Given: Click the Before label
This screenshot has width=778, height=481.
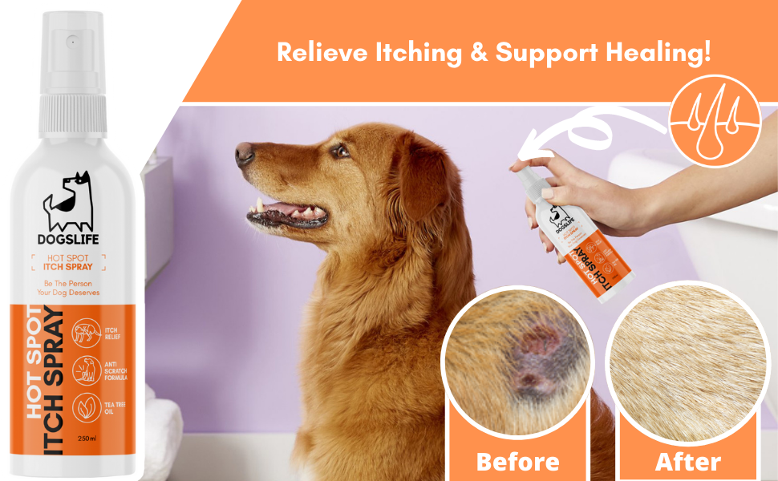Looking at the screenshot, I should (517, 462).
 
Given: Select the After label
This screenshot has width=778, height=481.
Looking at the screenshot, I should (687, 462).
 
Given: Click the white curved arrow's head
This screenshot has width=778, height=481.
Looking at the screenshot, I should (526, 149).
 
